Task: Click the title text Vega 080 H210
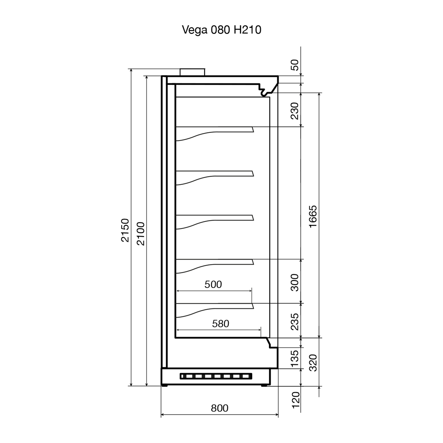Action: [x=221, y=30]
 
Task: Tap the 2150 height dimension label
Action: [x=125, y=230]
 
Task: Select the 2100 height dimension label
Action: [x=141, y=234]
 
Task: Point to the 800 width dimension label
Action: [x=219, y=408]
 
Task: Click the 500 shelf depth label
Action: [x=213, y=284]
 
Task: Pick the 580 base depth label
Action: [x=220, y=324]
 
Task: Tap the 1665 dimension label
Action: [x=313, y=217]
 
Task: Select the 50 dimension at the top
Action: [x=295, y=65]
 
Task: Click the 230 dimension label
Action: [x=295, y=111]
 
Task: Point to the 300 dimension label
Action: [x=295, y=282]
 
